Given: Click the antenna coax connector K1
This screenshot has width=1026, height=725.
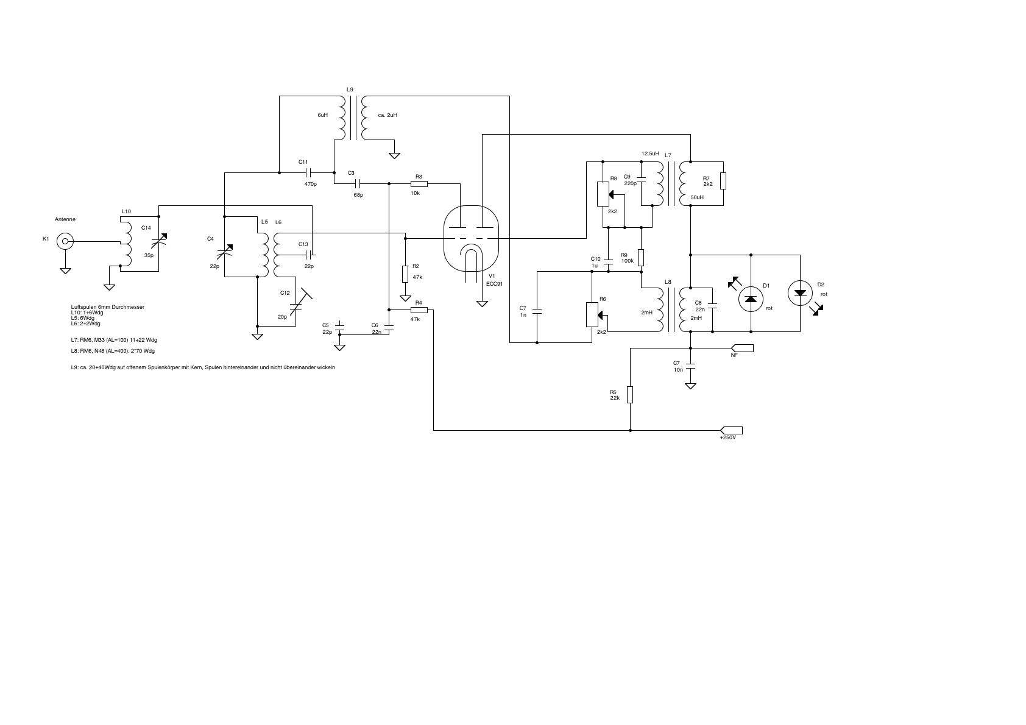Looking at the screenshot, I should click(65, 242).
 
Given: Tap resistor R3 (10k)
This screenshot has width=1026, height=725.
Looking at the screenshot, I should click(419, 183).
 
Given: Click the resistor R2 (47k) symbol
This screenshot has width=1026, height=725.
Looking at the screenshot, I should click(405, 274).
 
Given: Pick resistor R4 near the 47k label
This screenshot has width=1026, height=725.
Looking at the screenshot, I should click(419, 310).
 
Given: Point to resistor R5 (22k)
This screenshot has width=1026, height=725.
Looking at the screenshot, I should click(630, 395).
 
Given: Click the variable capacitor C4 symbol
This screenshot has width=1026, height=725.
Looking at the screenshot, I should click(225, 250).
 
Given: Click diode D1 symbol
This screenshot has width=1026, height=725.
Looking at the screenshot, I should click(751, 299).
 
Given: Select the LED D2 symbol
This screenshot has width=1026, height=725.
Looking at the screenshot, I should click(800, 293).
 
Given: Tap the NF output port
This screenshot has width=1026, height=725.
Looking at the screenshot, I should click(742, 348).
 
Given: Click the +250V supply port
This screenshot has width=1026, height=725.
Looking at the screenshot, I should click(732, 430).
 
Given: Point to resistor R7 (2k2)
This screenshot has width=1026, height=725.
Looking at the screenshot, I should click(723, 181).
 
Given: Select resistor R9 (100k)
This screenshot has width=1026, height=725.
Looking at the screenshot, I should click(641, 257).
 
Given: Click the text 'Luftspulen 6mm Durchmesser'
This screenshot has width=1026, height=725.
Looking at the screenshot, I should click(108, 308).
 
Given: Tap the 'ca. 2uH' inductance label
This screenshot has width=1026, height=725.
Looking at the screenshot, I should click(387, 115).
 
